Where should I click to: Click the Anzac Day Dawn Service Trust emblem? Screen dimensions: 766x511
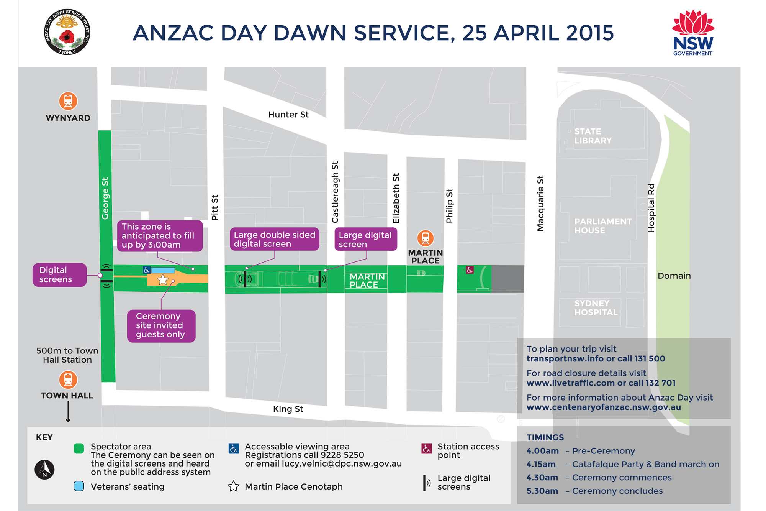(67, 32)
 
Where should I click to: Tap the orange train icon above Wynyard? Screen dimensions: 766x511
(68, 101)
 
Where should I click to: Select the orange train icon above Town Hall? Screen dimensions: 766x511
(68, 380)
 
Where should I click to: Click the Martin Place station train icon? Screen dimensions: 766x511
(425, 238)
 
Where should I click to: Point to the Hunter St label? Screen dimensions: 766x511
(288, 115)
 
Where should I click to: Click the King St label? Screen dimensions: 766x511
(288, 409)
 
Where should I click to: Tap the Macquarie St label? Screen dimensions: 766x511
(540, 204)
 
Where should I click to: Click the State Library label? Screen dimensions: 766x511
(593, 136)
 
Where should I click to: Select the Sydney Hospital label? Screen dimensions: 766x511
(596, 308)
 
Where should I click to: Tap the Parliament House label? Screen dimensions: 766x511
(603, 226)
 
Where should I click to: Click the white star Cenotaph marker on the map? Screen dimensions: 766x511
(163, 279)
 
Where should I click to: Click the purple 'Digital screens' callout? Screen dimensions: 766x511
(59, 275)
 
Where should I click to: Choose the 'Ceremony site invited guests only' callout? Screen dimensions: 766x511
(161, 325)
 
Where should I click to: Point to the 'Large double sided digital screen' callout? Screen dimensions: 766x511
(274, 240)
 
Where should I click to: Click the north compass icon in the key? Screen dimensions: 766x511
(44, 470)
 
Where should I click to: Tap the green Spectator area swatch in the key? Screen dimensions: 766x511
(79, 449)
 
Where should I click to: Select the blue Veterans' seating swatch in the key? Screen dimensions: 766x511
(79, 486)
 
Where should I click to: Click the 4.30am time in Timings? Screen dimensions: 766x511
(542, 478)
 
